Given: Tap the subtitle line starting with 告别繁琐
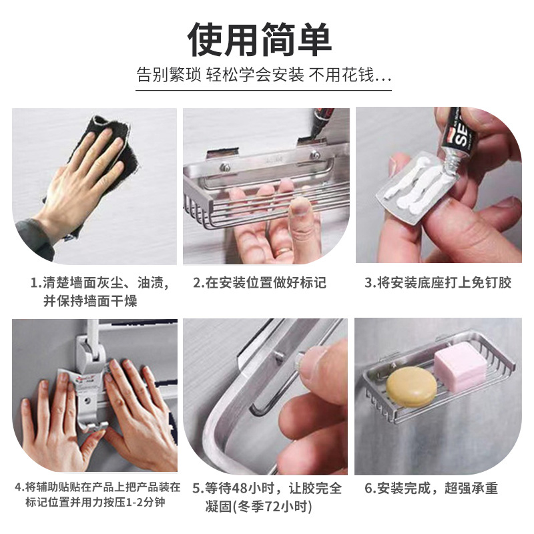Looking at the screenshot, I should [264, 75].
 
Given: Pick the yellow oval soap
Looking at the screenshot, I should [407, 386].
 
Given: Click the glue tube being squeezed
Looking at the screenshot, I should [461, 133].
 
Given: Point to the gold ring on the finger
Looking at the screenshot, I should [283, 249].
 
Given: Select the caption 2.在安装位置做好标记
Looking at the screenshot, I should [260, 282].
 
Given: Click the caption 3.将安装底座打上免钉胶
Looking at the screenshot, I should [438, 282].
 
